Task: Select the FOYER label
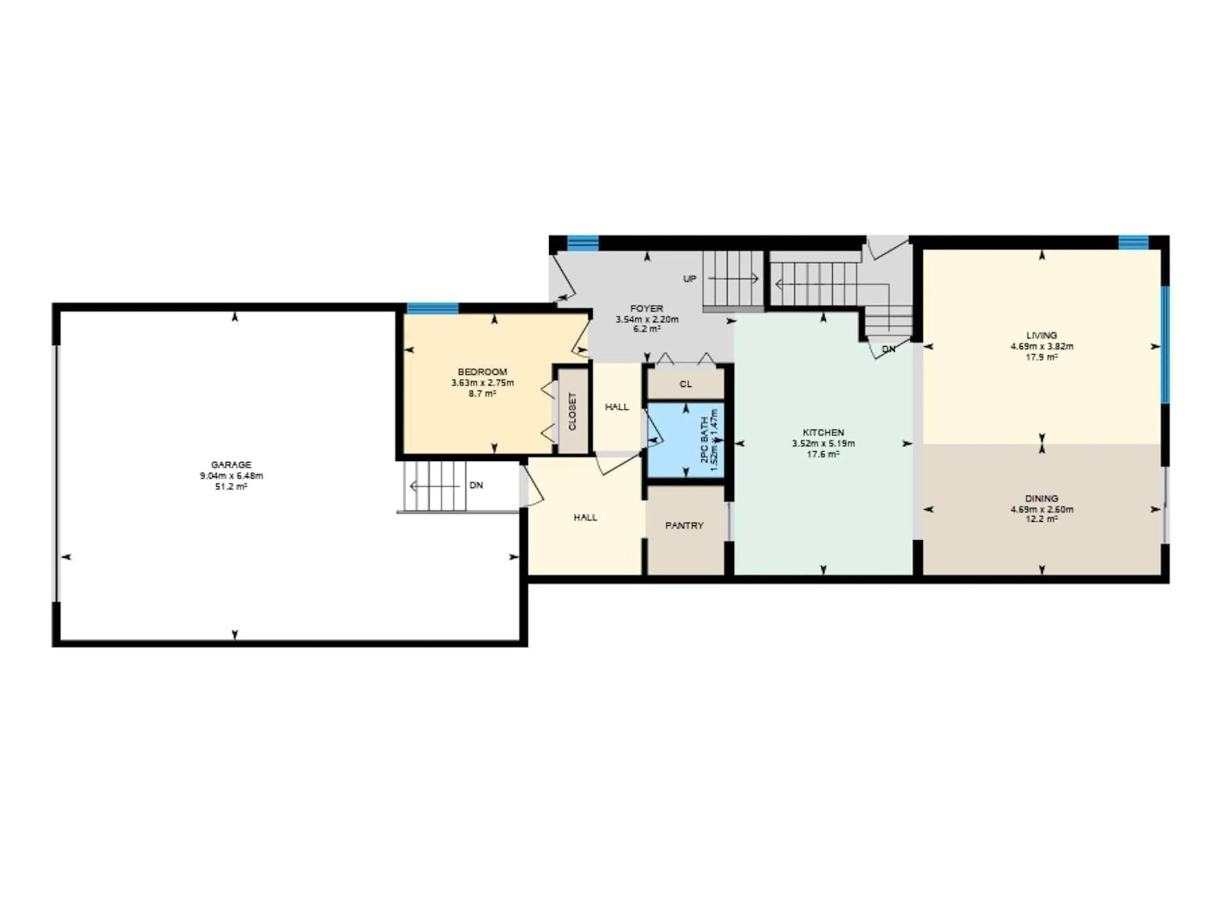click(x=647, y=309)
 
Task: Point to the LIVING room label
click(x=1041, y=335)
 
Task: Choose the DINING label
click(x=1041, y=499)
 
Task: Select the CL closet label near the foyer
click(x=685, y=384)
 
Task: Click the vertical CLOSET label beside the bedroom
click(x=572, y=411)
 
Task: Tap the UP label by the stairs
click(x=689, y=279)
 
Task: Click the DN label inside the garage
click(x=476, y=485)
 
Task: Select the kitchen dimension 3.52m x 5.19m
click(x=823, y=443)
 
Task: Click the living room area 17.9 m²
click(x=1041, y=357)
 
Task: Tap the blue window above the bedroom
click(x=432, y=308)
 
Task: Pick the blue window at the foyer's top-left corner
click(x=582, y=242)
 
